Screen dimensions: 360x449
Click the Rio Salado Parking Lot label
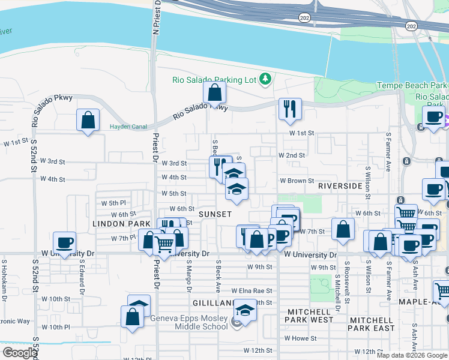coord(214,79)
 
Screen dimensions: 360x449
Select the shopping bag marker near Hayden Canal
coord(88,120)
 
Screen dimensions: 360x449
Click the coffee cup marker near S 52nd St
coord(65,243)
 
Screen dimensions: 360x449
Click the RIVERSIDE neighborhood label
coord(340,186)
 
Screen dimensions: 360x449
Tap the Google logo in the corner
coord(19,353)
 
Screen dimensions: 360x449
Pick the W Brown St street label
coord(297,181)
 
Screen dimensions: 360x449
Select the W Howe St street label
coord(300,338)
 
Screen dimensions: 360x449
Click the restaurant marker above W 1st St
coord(290,109)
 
